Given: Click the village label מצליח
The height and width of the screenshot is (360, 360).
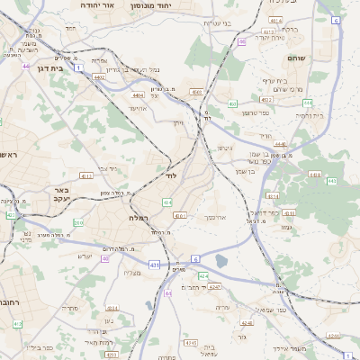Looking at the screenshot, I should [130, 272].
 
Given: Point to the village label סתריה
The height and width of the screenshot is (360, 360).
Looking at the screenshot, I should [68, 309].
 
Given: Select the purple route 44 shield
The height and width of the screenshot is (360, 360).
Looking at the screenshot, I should [27, 66].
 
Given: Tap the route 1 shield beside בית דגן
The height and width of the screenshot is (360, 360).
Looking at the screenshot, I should [78, 67].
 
